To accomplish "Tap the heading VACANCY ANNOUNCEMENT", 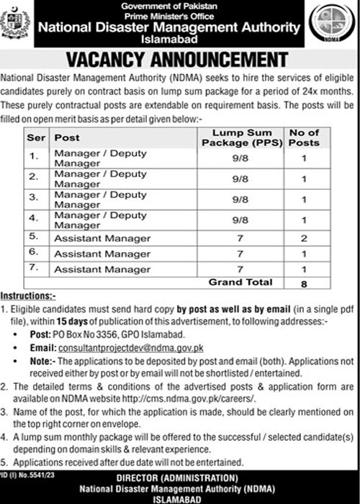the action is pos(180,58).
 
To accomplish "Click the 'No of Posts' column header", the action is pos(305,138).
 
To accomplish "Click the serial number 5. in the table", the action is pos(32,237).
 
